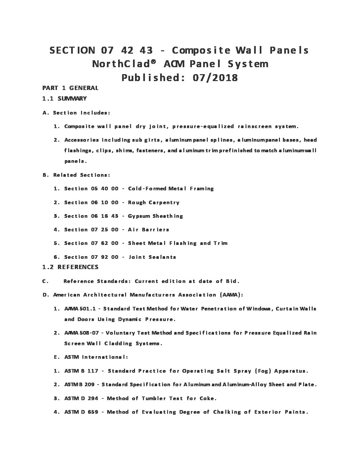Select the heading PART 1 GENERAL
70,88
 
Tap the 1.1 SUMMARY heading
65,98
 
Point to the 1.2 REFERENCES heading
70,267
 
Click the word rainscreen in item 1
255,126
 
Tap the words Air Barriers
148,230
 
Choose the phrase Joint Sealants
152,257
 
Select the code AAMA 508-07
81,333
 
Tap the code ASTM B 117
81,371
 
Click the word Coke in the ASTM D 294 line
207,398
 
